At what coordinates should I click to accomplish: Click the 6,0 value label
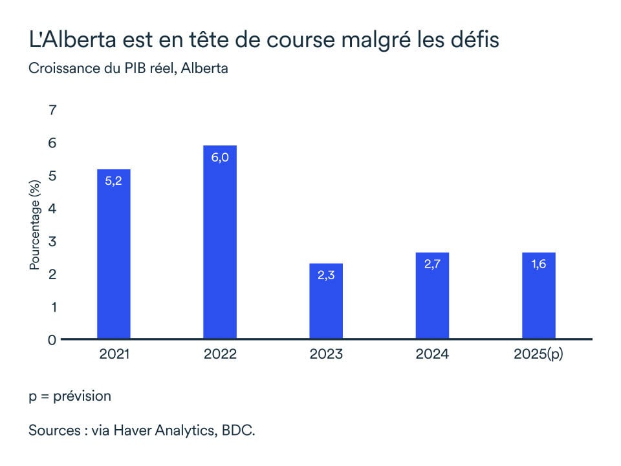click(x=220, y=158)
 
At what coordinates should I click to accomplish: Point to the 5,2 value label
click(x=114, y=182)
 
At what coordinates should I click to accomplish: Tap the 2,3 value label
click(x=326, y=275)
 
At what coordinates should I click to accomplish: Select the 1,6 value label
click(x=538, y=264)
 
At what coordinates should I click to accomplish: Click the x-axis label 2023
click(x=326, y=354)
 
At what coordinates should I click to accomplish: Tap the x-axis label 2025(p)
click(x=538, y=354)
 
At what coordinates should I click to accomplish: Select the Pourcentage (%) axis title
click(x=35, y=226)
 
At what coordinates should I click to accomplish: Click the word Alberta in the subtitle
click(x=204, y=68)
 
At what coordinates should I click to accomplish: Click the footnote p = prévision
click(x=70, y=396)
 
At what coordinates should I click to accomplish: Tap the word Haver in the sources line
click(x=138, y=430)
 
